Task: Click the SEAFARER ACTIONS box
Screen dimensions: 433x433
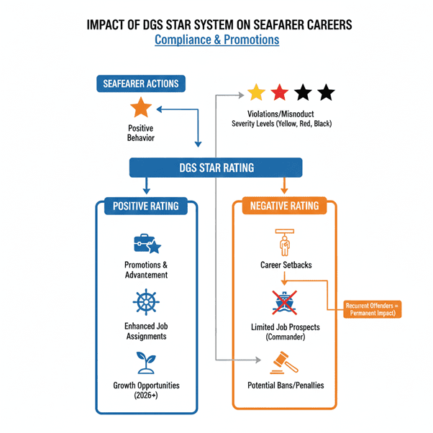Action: tap(140, 83)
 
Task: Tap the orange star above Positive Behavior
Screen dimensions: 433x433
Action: tap(141, 109)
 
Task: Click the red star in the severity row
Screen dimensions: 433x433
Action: tap(280, 92)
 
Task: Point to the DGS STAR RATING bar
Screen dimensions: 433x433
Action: tap(216, 168)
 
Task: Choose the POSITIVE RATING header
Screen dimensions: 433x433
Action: tap(146, 206)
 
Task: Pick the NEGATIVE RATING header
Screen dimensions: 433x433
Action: tap(284, 206)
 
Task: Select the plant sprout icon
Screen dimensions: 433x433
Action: tap(145, 360)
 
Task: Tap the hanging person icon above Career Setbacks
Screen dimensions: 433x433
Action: tap(283, 242)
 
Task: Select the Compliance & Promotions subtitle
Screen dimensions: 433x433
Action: tap(216, 40)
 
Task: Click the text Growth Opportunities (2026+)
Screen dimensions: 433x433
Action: tap(146, 390)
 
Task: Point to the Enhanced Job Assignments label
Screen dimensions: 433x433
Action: tap(146, 331)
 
